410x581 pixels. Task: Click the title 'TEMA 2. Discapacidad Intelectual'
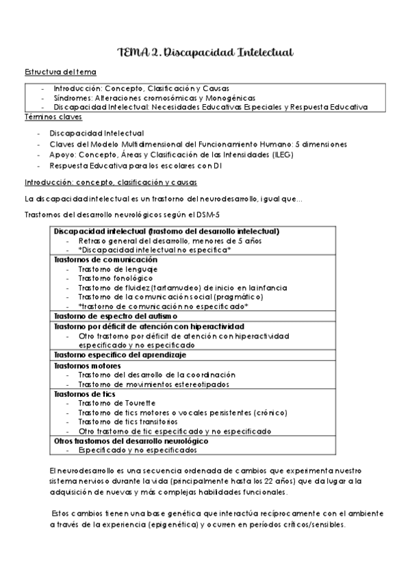[x=205, y=53]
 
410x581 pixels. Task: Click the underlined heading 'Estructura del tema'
[x=60, y=72]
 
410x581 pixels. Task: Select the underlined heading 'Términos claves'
[x=54, y=118]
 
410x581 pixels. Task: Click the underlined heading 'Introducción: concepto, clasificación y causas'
[x=110, y=182]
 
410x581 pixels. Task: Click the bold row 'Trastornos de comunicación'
[x=105, y=260]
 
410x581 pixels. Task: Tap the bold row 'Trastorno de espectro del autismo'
[x=116, y=317]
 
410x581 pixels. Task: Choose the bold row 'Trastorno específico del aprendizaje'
[x=120, y=355]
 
